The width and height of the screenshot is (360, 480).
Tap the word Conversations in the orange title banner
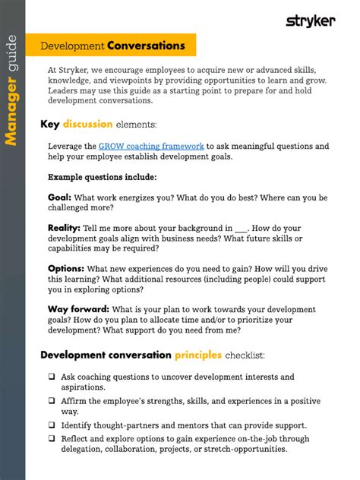point(146,46)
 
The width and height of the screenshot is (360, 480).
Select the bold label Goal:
point(59,197)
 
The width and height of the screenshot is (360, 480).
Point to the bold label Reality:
point(64,228)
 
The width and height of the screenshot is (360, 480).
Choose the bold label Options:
point(66,268)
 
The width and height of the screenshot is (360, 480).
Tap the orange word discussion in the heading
point(88,124)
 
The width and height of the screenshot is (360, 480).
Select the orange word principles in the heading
point(198,355)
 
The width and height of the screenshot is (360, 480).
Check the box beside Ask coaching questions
point(52,377)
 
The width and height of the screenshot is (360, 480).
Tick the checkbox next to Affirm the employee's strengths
point(52,401)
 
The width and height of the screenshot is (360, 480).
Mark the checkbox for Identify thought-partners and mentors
point(52,425)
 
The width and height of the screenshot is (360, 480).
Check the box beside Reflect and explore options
point(52,438)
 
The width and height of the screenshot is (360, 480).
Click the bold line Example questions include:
point(103,177)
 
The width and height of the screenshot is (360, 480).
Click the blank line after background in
point(242,228)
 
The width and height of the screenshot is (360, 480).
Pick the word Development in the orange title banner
point(72,46)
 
